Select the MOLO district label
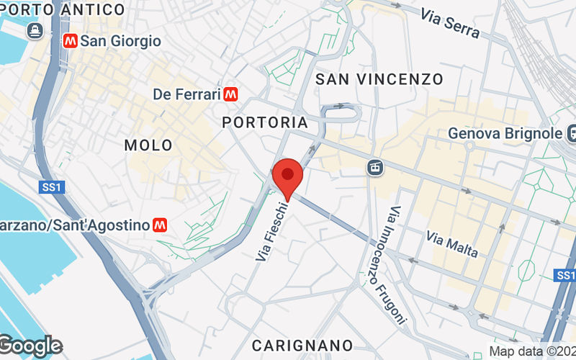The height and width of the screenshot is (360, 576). click(x=148, y=145)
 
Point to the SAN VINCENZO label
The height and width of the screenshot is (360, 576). click(x=379, y=79)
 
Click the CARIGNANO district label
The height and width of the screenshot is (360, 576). click(x=302, y=345)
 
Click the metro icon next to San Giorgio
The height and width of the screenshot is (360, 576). click(x=71, y=41)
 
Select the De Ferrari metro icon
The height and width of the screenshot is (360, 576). click(x=230, y=94)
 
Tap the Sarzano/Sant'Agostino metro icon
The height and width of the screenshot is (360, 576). click(x=161, y=225)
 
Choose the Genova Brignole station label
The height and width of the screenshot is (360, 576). click(x=504, y=134)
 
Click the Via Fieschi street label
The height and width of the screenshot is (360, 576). click(x=274, y=230)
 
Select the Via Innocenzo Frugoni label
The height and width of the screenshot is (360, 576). click(x=398, y=265)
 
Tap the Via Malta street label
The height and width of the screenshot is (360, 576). click(x=451, y=244)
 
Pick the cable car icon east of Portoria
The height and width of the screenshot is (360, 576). click(x=374, y=167)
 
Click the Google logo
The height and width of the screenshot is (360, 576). click(x=30, y=346)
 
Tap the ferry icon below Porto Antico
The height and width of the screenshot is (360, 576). click(x=33, y=30)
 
